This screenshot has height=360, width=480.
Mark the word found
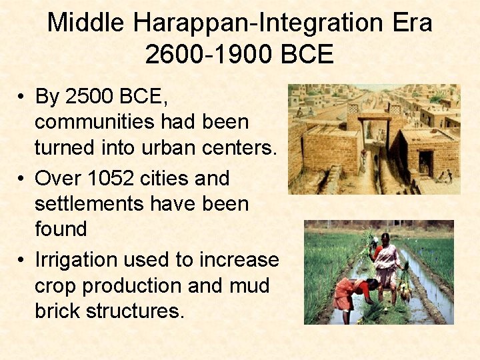pyautogui.click(x=61, y=229)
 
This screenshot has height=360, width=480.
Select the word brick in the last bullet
pyautogui.click(x=58, y=311)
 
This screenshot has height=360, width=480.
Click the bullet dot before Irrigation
pyautogui.click(x=22, y=260)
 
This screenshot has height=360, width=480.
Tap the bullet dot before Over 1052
pyautogui.click(x=22, y=179)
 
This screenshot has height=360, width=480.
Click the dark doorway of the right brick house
pyautogui.click(x=425, y=163)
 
